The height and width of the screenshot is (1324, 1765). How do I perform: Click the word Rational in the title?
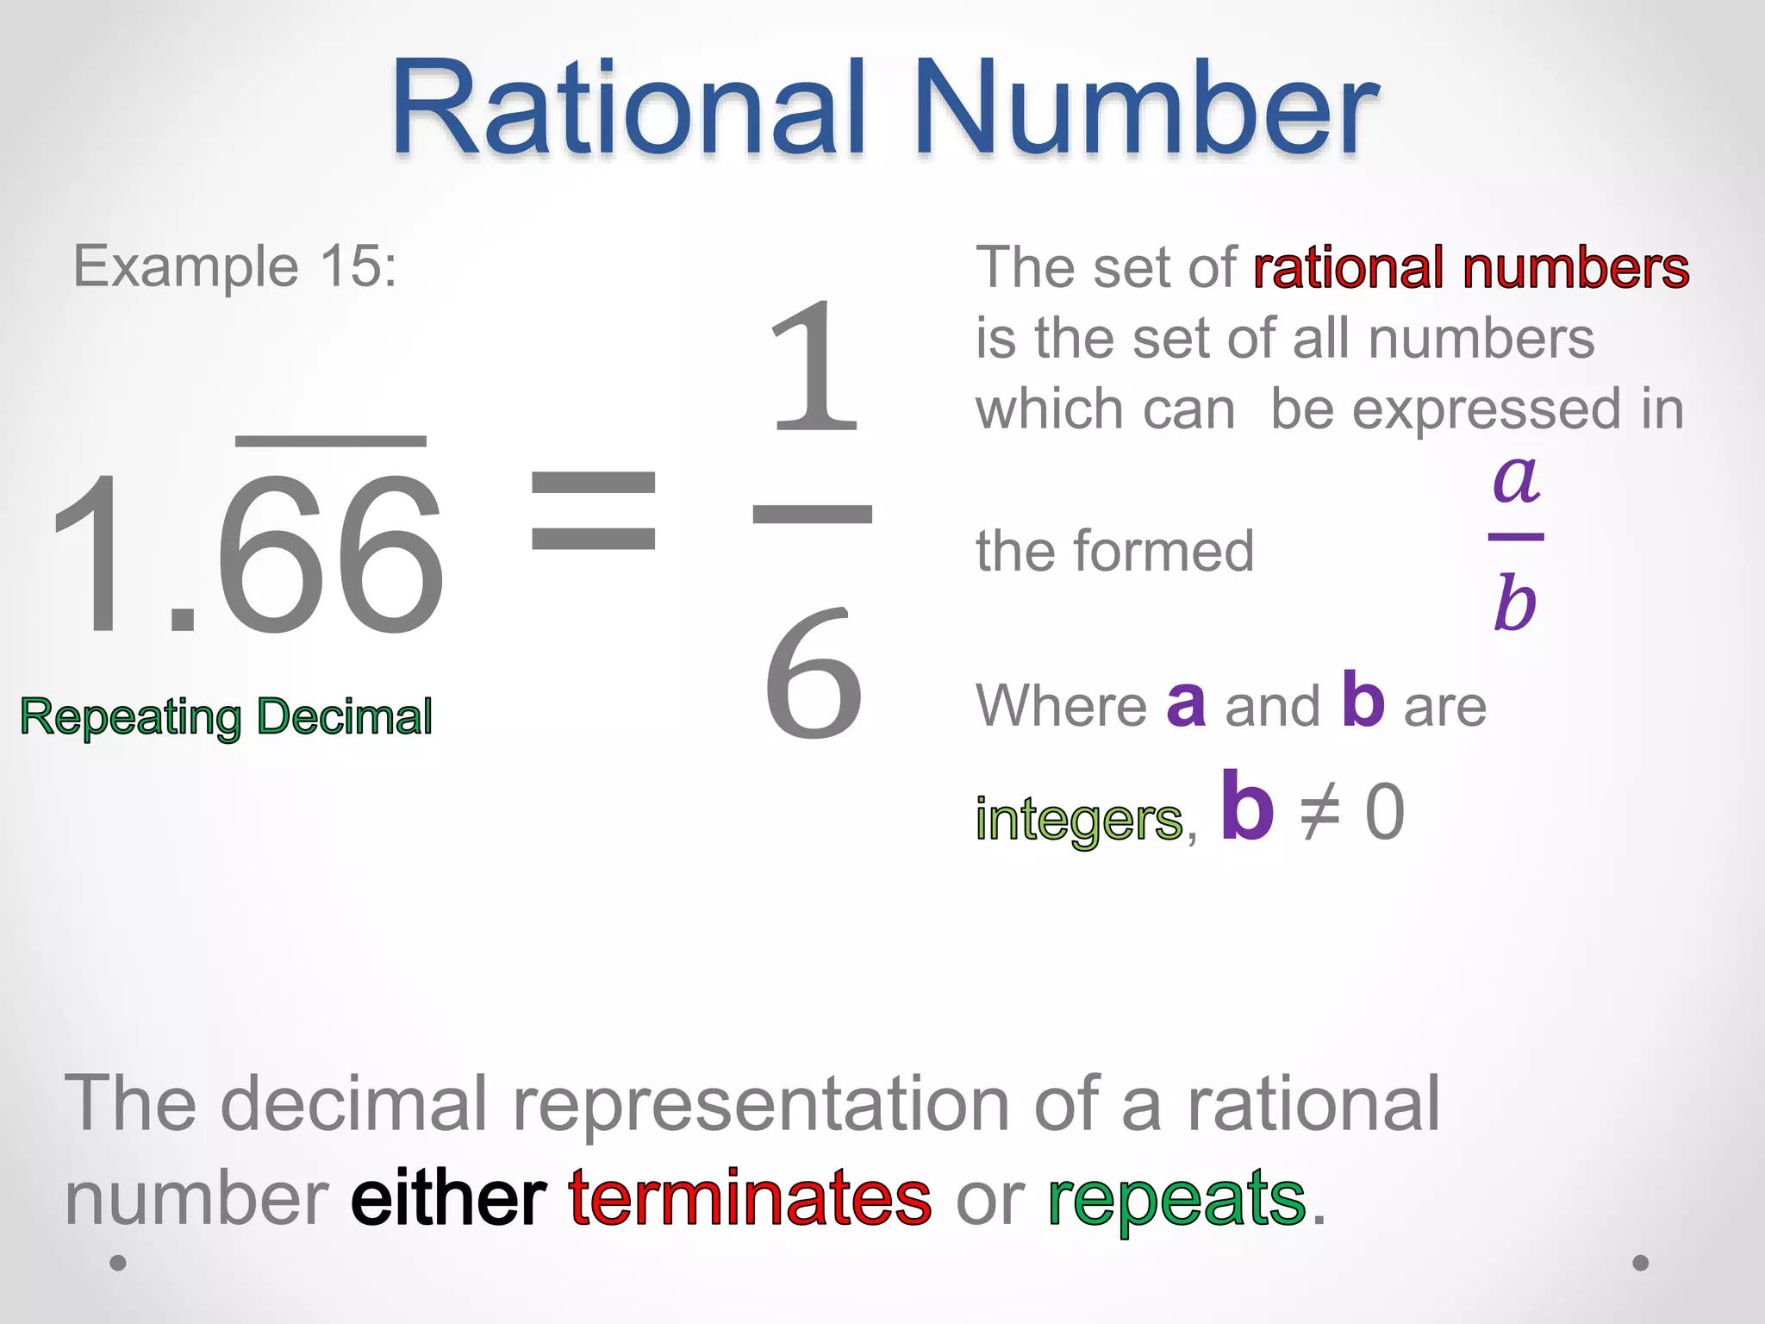pyautogui.click(x=627, y=109)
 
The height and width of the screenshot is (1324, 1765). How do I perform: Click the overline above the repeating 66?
pyautogui.click(x=331, y=441)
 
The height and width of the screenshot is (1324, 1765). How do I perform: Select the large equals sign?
pyautogui.click(x=593, y=509)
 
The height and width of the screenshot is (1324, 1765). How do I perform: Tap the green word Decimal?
pyautogui.click(x=345, y=716)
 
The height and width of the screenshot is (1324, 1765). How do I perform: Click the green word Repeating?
pyautogui.click(x=131, y=718)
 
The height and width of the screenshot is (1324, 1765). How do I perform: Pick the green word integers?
pyautogui.click(x=1079, y=819)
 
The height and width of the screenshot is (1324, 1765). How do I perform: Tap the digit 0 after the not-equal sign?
pyautogui.click(x=1385, y=813)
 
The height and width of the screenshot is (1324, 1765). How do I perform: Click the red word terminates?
pyautogui.click(x=750, y=1198)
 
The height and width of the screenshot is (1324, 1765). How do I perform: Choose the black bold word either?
pyautogui.click(x=448, y=1198)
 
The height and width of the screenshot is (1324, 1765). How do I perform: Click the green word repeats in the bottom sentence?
pyautogui.click(x=1176, y=1200)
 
